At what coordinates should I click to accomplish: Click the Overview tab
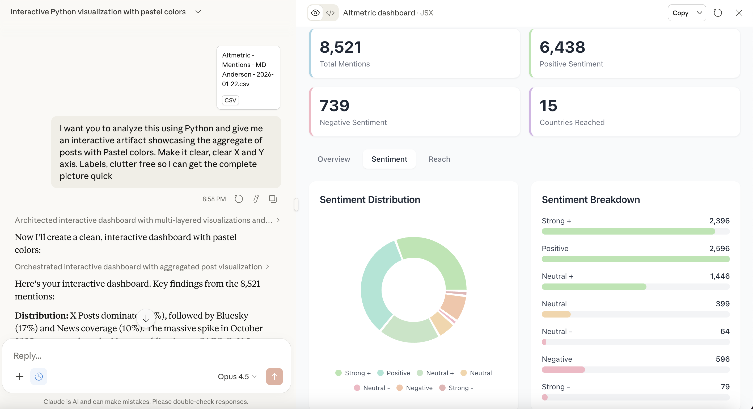[333, 159]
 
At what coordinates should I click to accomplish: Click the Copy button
[680, 13]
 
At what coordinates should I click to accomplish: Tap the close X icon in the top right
[739, 13]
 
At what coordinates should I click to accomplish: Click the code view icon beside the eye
[330, 13]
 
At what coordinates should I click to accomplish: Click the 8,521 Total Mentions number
[340, 47]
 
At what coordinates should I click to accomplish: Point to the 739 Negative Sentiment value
[335, 106]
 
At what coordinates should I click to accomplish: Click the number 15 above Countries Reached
[548, 106]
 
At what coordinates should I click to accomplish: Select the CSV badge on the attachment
[230, 100]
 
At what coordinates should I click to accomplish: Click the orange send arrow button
[274, 376]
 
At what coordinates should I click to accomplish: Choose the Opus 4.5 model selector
[237, 377]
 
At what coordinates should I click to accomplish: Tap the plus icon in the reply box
[20, 376]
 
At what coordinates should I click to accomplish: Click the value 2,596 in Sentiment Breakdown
[719, 248]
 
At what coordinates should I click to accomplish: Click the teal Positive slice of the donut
[374, 284]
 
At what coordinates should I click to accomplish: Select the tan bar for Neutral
[556, 315]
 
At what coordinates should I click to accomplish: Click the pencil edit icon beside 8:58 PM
[256, 199]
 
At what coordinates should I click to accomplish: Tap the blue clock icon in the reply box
[39, 376]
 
